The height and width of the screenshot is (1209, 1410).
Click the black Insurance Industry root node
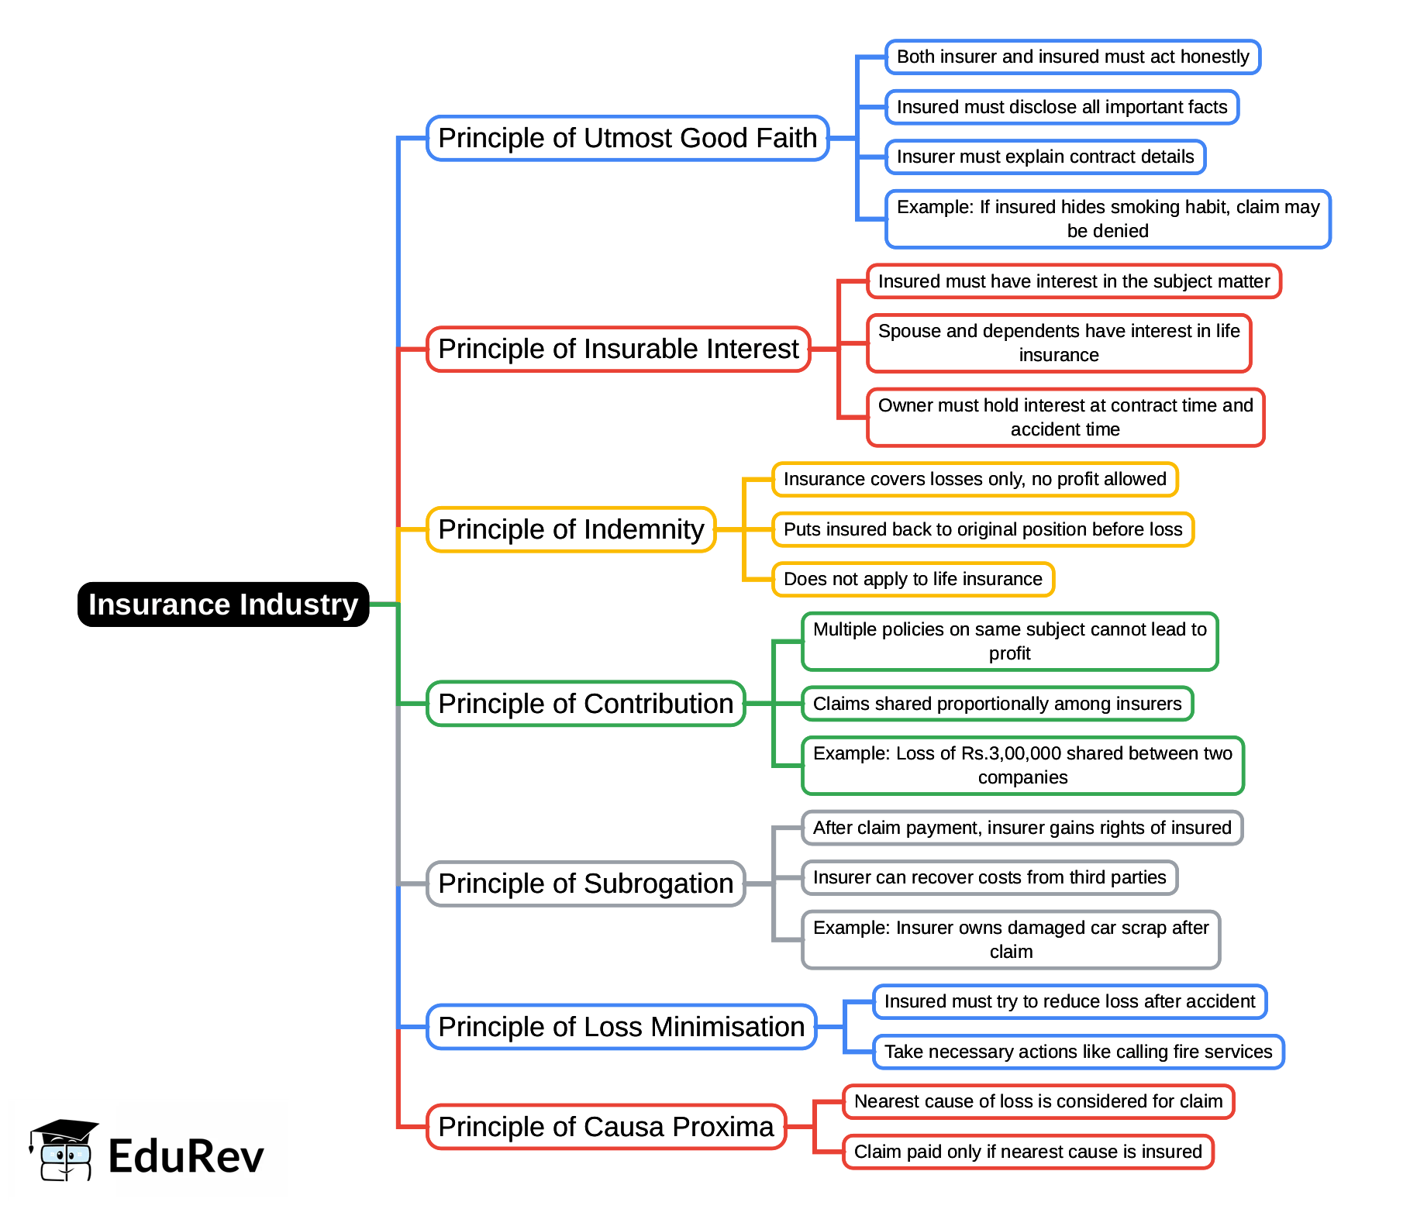click(223, 604)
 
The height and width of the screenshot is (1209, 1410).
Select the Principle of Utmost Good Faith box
click(627, 138)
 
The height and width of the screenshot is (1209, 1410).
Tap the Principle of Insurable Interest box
click(618, 349)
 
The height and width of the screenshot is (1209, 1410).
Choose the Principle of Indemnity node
click(571, 529)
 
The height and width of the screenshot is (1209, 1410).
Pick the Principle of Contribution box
click(585, 704)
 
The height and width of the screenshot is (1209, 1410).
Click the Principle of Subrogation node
click(585, 883)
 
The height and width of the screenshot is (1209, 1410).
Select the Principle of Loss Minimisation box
click(621, 1027)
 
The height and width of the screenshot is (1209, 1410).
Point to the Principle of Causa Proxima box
click(605, 1127)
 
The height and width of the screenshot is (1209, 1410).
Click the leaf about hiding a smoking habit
click(1108, 219)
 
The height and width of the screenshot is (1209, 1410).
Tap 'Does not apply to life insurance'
click(912, 579)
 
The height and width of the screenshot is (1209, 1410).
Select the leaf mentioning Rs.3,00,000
click(1022, 765)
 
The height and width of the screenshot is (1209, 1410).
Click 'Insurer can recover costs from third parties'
click(989, 877)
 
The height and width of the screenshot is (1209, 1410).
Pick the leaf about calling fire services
click(1077, 1052)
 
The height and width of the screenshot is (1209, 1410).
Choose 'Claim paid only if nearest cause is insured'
click(1028, 1152)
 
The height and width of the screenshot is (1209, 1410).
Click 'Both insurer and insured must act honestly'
click(1073, 57)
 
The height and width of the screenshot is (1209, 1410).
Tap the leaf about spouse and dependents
click(1059, 343)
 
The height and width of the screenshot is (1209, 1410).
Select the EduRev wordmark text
click(186, 1156)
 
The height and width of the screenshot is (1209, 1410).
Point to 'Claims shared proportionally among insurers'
click(997, 704)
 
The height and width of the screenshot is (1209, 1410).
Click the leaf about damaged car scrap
click(1011, 939)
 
